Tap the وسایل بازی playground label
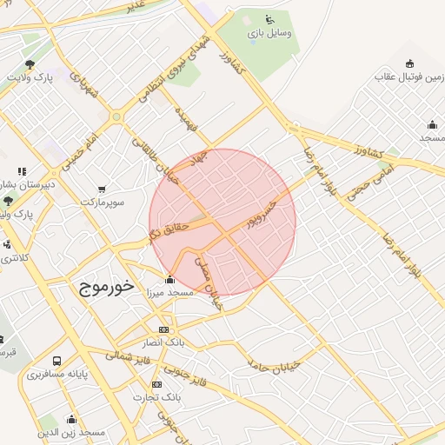coord(270,33)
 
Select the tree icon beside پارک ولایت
coord(30,64)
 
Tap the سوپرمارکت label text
coord(103,203)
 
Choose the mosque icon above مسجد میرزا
coord(169,280)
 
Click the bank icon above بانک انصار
coord(163,330)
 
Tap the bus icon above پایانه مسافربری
coord(57,361)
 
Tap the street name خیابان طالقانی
coord(155,156)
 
